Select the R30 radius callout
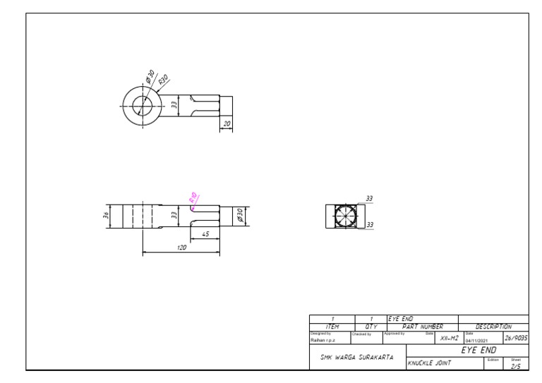pyautogui.click(x=164, y=80)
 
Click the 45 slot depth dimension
pyautogui.click(x=205, y=233)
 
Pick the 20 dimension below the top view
pyautogui.click(x=227, y=123)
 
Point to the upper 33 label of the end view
pyautogui.click(x=368, y=199)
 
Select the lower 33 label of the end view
pyautogui.click(x=368, y=225)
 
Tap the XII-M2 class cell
pyautogui.click(x=449, y=339)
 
